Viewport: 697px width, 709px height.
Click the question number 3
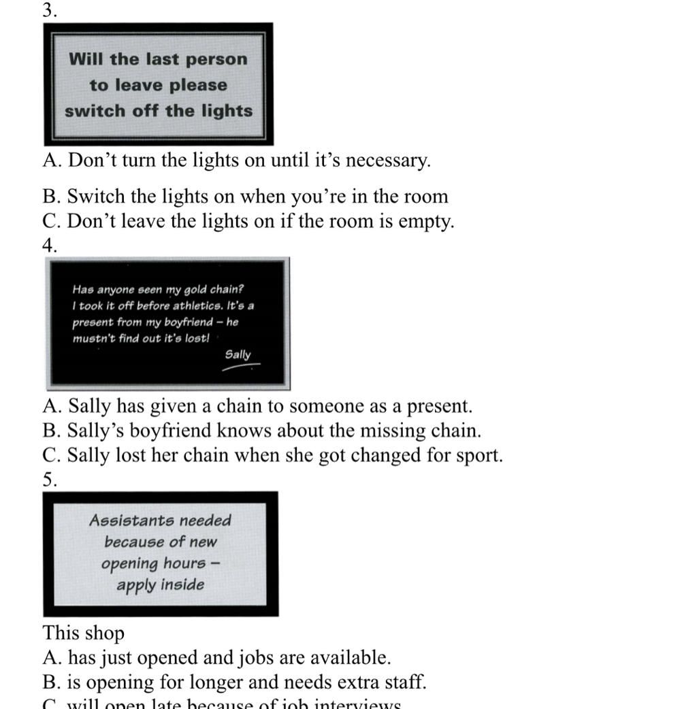[48, 10]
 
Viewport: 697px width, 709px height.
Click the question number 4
[49, 246]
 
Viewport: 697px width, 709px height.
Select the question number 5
[49, 480]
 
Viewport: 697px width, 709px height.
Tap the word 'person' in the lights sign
[216, 59]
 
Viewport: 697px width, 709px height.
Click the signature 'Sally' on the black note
[238, 354]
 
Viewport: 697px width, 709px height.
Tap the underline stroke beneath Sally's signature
[240, 367]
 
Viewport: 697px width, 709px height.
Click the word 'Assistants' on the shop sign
[127, 521]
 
